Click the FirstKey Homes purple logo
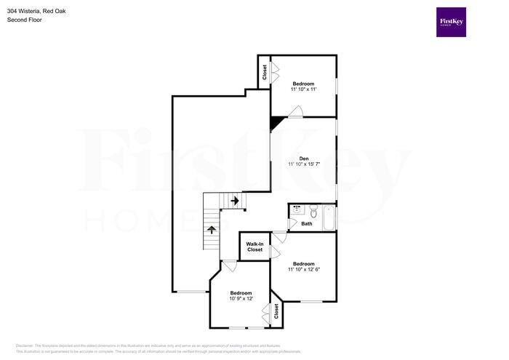coord(451,22)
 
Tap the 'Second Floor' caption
coord(25,20)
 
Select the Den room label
coord(304,159)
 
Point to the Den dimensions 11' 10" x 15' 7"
coord(304,164)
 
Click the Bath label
coord(307,224)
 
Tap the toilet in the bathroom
coord(313,213)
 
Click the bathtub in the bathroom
coord(328,217)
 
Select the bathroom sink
coord(297,210)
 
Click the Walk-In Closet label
coord(254,247)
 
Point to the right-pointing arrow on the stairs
coord(234,201)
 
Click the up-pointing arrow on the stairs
coord(212,230)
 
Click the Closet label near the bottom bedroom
coord(276,312)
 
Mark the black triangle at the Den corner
coord(276,123)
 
